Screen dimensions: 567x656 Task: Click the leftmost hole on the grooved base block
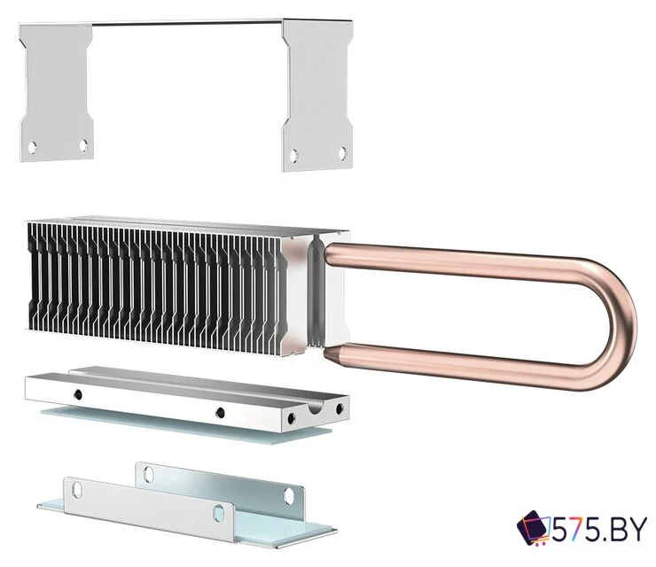pos(78,392)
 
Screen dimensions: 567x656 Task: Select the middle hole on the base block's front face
pos(220,411)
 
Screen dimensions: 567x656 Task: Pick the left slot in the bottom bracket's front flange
pos(77,486)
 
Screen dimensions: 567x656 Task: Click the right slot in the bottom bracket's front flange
pos(220,510)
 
